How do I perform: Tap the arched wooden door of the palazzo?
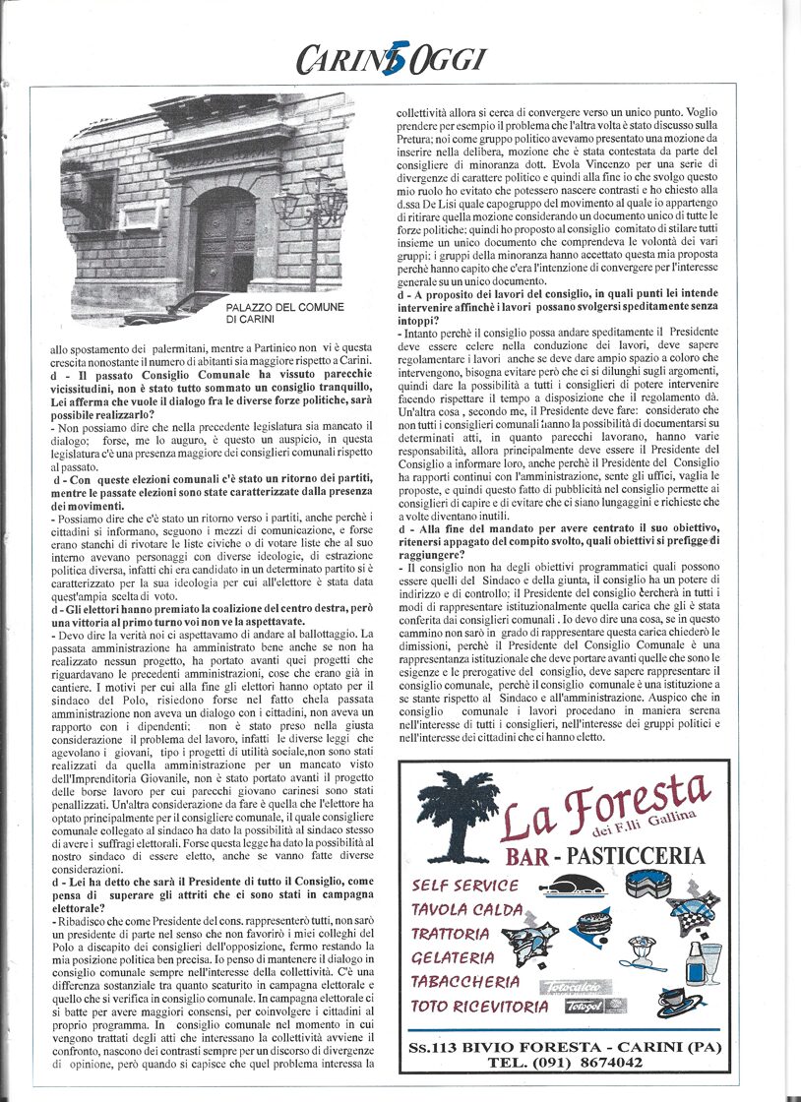click(x=224, y=240)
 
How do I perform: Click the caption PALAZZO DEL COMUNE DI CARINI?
click(x=285, y=313)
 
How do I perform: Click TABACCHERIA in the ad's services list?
click(x=465, y=981)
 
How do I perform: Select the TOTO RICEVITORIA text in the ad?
click(x=479, y=1007)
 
